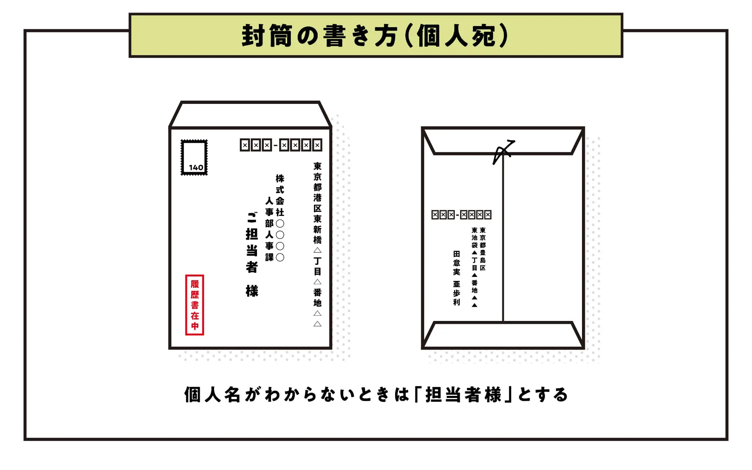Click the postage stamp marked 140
click(x=194, y=157)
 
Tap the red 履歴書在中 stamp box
click(x=195, y=305)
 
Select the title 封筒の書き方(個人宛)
click(x=375, y=36)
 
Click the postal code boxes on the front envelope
click(x=281, y=145)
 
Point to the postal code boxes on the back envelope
click(x=461, y=214)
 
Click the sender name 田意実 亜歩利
click(x=456, y=278)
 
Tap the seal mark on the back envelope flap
click(x=504, y=152)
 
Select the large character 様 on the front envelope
click(x=252, y=291)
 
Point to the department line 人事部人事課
click(x=270, y=229)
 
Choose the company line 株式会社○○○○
click(x=280, y=218)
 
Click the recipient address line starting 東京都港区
click(x=318, y=244)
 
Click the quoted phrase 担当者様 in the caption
click(x=463, y=395)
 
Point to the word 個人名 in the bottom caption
click(x=212, y=395)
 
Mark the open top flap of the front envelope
click(x=250, y=114)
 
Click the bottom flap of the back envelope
click(x=503, y=335)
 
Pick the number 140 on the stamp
click(x=196, y=167)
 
